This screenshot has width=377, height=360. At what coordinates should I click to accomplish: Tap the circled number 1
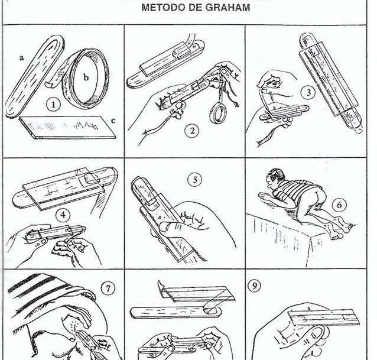click(54, 106)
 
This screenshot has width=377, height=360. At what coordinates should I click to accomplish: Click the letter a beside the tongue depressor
click(21, 59)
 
